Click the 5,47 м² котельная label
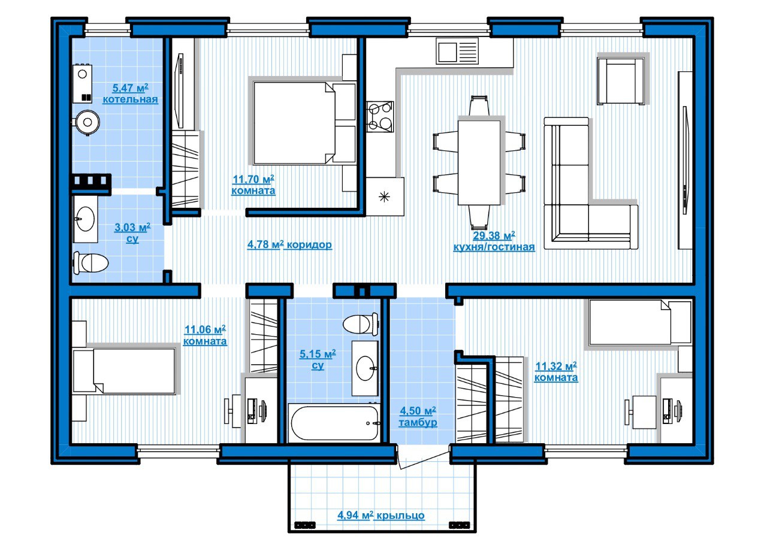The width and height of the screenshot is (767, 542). pos(130,93)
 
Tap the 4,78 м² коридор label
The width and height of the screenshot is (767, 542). pos(289,245)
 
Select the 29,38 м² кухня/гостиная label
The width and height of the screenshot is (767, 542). pos(494,241)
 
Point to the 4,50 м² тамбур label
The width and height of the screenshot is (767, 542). pos(418,417)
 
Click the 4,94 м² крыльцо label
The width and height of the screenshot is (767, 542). pos(381,515)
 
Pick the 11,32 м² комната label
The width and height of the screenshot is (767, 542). pos(555,372)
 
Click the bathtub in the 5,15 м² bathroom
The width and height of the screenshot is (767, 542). pos(334,423)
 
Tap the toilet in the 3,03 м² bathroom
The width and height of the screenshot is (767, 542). pos(90,263)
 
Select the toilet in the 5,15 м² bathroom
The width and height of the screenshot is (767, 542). pos(360,324)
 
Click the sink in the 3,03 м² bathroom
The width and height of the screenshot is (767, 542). pos(85,219)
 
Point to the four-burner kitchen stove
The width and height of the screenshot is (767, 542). pos(380,117)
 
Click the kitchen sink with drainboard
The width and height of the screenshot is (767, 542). pos(457,51)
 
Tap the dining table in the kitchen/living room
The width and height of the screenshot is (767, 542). pos(479,162)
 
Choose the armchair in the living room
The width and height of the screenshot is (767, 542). pos(620,81)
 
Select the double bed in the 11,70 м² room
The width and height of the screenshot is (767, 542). pos(304,123)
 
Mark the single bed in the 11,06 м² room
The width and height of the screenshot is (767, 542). pos(124,371)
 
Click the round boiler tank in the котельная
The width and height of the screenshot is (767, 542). pos(87,122)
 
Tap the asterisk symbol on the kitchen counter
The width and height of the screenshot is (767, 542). pos(384,197)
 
